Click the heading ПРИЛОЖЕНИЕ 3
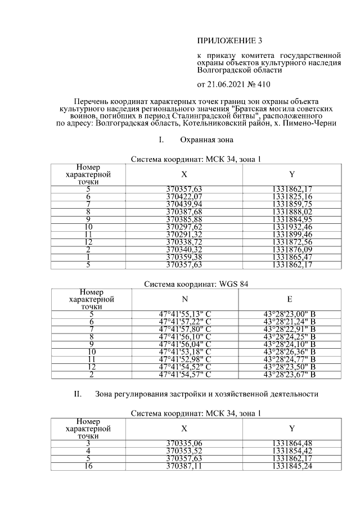pyautogui.click(x=229, y=41)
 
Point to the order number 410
pyautogui.click(x=263, y=85)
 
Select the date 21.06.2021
pyautogui.click(x=227, y=85)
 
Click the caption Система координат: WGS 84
pyautogui.click(x=196, y=284)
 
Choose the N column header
pyautogui.click(x=184, y=300)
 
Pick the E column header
pyautogui.click(x=289, y=300)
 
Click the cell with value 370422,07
pyautogui.click(x=184, y=197)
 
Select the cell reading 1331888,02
pyautogui.click(x=291, y=211)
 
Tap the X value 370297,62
pyautogui.click(x=184, y=227)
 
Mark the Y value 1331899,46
pyautogui.click(x=291, y=234)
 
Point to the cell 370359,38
pyautogui.click(x=184, y=256)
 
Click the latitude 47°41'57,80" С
pyautogui.click(x=184, y=329)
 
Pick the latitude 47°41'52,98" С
pyautogui.click(x=184, y=359)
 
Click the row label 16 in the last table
pyautogui.click(x=88, y=466)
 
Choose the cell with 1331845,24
pyautogui.click(x=291, y=466)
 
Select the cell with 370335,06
pyautogui.click(x=184, y=444)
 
